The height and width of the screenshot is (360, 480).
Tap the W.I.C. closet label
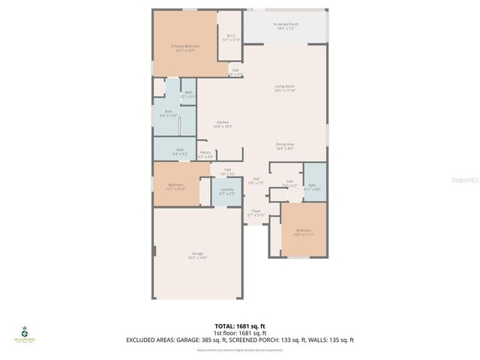point(232,37)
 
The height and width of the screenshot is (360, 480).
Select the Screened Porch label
point(285,26)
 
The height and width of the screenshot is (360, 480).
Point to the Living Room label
point(285,88)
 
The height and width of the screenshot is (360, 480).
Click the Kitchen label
point(223,124)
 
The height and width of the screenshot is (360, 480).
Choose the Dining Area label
point(285,146)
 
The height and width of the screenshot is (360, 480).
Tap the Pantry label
point(205,154)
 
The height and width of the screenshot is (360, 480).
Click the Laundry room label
point(226,191)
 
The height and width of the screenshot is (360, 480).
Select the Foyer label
point(256,213)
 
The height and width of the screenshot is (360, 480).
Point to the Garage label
point(198,255)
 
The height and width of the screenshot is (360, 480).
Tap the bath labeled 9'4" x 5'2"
point(180,151)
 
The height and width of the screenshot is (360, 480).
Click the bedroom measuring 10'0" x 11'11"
point(304,232)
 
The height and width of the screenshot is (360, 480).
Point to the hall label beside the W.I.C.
point(235,72)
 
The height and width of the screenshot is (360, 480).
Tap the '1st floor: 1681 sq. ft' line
point(239,333)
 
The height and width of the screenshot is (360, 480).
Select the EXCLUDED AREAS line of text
point(239,340)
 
